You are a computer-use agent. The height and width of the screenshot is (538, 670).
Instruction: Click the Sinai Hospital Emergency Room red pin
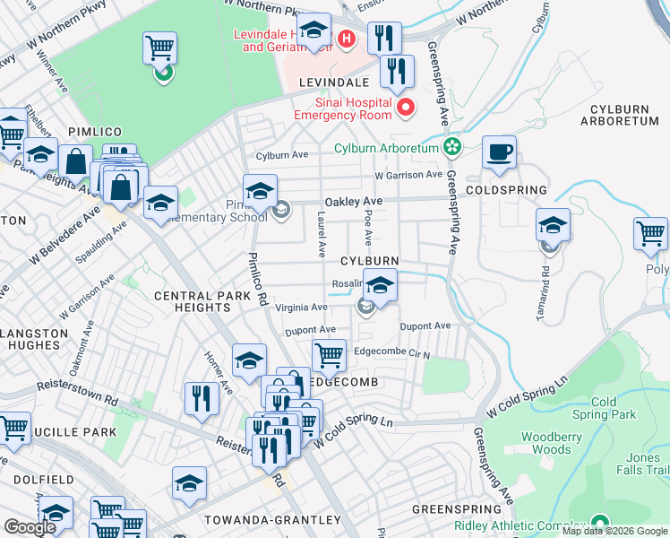[x=406, y=108]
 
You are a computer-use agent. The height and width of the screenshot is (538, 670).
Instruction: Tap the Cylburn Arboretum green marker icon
[x=453, y=147]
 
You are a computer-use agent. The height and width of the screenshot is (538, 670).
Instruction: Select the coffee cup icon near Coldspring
[x=500, y=152]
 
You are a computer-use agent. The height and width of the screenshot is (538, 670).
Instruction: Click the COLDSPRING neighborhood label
[x=519, y=190]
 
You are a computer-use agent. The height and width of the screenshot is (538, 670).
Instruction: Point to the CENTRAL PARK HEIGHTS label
[x=195, y=301]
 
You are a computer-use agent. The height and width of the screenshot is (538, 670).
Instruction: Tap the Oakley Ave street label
[x=353, y=201]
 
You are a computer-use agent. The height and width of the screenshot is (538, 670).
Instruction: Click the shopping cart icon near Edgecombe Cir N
[x=329, y=355]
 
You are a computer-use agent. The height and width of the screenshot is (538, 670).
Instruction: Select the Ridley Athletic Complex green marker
[x=599, y=524]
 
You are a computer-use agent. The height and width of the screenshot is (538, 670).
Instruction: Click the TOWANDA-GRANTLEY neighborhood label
[x=274, y=520]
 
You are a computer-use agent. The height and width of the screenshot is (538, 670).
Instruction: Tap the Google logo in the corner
[x=30, y=527]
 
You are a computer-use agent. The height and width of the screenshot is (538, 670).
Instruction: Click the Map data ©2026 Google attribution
[x=614, y=531]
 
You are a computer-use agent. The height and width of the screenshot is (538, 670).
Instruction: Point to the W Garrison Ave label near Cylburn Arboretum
[x=408, y=175]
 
